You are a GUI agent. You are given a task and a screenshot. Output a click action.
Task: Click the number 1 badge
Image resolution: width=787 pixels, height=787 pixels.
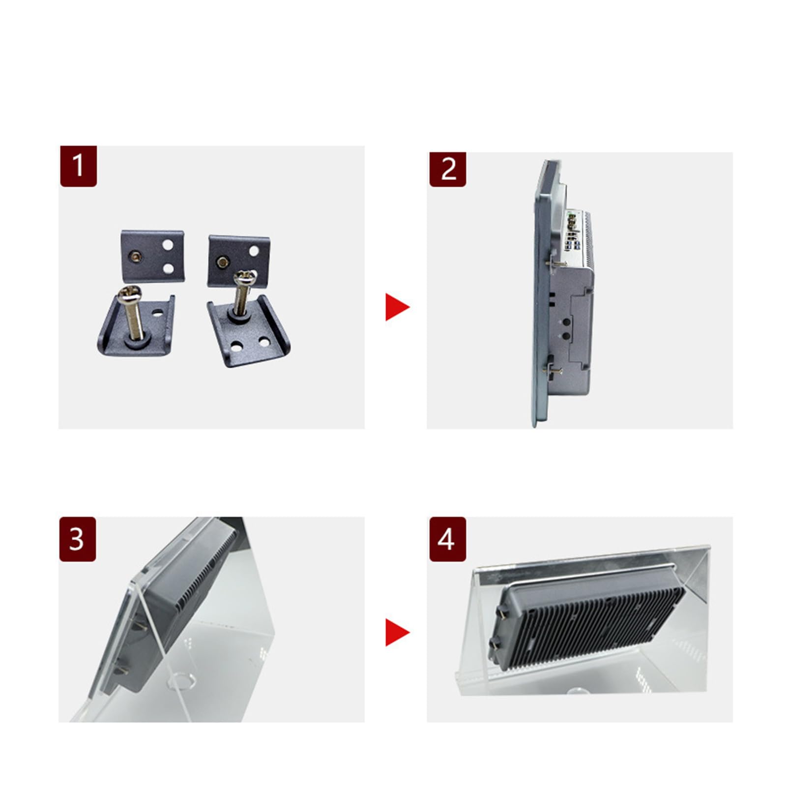(x=79, y=166)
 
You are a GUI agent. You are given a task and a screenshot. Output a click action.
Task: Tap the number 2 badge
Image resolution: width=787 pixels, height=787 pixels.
(x=448, y=170)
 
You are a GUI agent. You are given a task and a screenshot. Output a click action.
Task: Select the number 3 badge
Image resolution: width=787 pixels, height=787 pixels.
(x=78, y=539)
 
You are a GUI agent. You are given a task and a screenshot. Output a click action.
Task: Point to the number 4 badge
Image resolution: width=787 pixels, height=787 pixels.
(x=448, y=539)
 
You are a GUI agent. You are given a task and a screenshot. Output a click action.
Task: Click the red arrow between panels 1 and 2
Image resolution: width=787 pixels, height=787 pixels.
(x=397, y=307)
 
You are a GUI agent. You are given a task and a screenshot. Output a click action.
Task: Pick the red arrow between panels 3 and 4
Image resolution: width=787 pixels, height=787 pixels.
(x=397, y=632)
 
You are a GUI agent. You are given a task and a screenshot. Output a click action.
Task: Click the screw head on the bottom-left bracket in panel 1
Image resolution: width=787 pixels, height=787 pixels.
(x=129, y=295)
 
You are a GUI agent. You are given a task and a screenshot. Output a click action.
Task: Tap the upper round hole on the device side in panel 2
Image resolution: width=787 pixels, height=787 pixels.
(x=566, y=322)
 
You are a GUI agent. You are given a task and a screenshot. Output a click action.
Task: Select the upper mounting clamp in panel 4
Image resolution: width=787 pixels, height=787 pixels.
(x=503, y=611)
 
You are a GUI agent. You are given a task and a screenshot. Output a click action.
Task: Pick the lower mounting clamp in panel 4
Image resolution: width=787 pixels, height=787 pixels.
(x=495, y=643)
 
